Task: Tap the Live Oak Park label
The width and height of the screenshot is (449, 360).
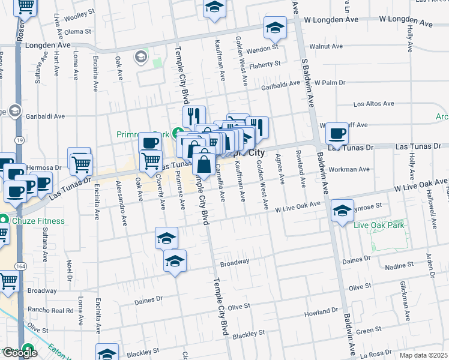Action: [379, 226]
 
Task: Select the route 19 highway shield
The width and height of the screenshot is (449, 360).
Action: [20, 140]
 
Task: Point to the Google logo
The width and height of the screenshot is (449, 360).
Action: [19, 353]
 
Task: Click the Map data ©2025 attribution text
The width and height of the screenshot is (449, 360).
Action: [423, 355]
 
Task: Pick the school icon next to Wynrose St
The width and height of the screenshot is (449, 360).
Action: [342, 211]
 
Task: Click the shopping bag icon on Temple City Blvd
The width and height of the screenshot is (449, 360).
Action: [204, 163]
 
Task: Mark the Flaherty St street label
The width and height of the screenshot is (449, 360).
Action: [266, 64]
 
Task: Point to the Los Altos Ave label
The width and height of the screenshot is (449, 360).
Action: [373, 104]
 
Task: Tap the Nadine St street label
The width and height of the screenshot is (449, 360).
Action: [394, 265]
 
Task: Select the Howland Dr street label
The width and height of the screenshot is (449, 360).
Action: [321, 313]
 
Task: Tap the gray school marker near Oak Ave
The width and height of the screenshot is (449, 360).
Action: [141, 57]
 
